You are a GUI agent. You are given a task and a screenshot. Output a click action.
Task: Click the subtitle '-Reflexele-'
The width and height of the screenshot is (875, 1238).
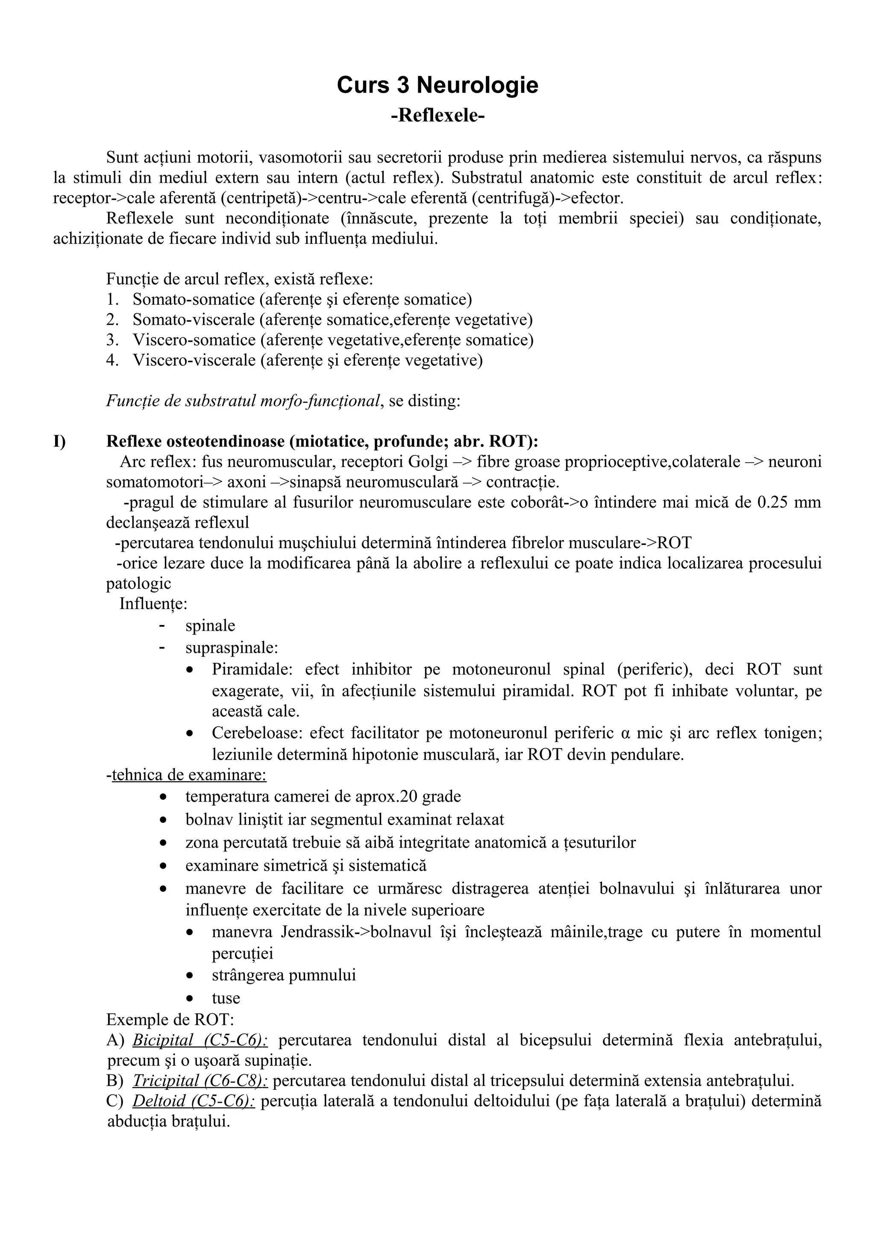pyautogui.click(x=437, y=115)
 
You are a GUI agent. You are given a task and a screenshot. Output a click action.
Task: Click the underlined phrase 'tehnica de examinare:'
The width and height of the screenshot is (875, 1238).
pyautogui.click(x=189, y=775)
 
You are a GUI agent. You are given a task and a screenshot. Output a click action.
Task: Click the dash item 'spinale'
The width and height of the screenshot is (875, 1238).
pyautogui.click(x=210, y=625)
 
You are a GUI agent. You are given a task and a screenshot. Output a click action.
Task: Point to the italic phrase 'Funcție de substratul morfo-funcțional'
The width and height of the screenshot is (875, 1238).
pyautogui.click(x=243, y=401)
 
